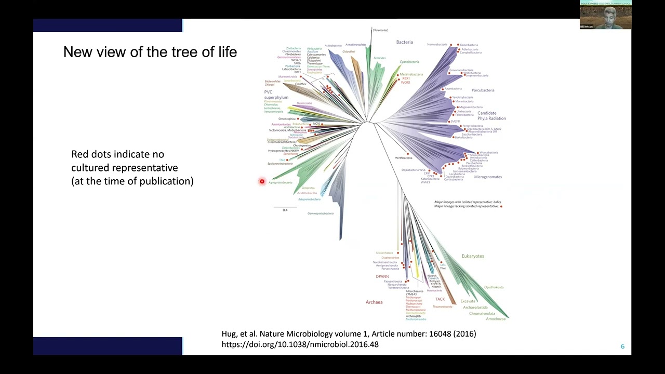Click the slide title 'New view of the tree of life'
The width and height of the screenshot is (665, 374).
[150, 52]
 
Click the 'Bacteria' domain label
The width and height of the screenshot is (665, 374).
[404, 42]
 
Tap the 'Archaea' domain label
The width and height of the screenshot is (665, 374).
[374, 302]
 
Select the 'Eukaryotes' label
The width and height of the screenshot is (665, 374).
[472, 256]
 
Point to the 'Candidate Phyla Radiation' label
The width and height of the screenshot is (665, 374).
[491, 115]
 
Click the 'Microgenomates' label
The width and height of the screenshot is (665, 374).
[488, 177]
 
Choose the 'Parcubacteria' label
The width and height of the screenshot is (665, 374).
[483, 90]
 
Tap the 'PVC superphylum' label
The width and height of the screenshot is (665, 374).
[275, 95]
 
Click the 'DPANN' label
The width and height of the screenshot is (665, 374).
[382, 277]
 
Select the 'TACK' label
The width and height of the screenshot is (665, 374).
[440, 299]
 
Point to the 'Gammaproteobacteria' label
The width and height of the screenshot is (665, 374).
[320, 213]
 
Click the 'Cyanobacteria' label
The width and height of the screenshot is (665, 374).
[409, 62]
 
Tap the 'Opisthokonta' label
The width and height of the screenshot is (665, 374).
[494, 287]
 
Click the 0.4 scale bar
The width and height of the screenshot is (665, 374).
[285, 207]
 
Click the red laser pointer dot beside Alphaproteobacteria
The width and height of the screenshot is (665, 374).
[262, 181]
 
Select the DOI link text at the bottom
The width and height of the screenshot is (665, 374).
[300, 344]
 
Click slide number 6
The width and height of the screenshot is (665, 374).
[622, 346]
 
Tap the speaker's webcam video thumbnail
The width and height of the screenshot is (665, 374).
[605, 15]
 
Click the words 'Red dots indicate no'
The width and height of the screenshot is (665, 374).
[117, 154]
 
